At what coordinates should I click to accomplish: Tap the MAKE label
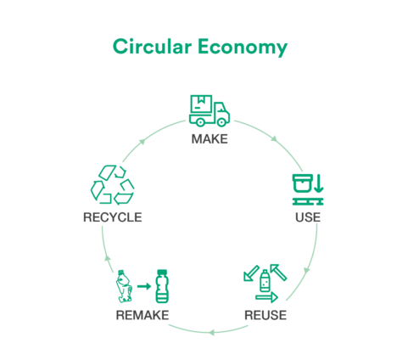pyautogui.click(x=209, y=139)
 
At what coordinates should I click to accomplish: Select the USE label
pyautogui.click(x=307, y=217)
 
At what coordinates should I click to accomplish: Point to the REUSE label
pyautogui.click(x=265, y=316)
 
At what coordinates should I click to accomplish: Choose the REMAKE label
pyautogui.click(x=142, y=315)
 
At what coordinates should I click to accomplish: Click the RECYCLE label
pyautogui.click(x=112, y=217)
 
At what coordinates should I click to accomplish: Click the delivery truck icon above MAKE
pyautogui.click(x=209, y=111)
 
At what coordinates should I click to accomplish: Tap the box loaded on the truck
pyautogui.click(x=201, y=104)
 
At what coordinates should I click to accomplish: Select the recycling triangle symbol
pyautogui.click(x=113, y=185)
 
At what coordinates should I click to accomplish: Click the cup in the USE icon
pyautogui.click(x=300, y=183)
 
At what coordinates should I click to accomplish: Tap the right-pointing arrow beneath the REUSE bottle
pyautogui.click(x=267, y=299)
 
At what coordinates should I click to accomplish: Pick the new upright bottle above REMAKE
pyautogui.click(x=162, y=286)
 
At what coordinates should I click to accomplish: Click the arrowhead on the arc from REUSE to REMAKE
pyautogui.click(x=209, y=332)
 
